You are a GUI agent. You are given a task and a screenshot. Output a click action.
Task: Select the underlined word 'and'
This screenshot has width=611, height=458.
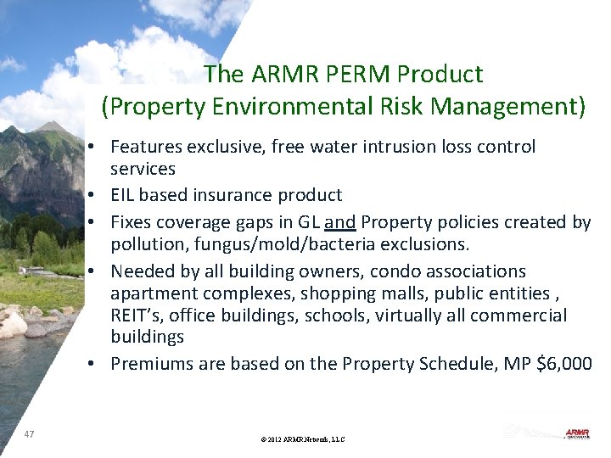pyautogui.click(x=339, y=222)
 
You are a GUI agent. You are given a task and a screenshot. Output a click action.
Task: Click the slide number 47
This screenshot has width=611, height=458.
pyautogui.click(x=30, y=434)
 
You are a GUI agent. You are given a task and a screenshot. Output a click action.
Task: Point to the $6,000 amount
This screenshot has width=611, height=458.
pyautogui.click(x=566, y=364)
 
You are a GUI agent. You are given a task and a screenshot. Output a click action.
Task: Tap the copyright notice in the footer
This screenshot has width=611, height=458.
pyautogui.click(x=304, y=439)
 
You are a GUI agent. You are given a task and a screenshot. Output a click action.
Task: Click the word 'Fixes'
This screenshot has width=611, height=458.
pyautogui.click(x=130, y=222)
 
